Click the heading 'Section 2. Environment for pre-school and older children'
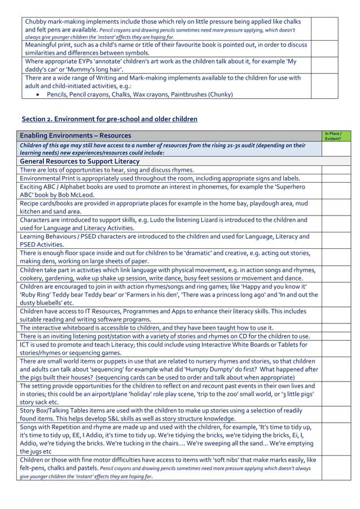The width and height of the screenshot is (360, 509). click(109, 119)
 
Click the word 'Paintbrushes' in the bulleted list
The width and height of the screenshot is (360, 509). click(187, 95)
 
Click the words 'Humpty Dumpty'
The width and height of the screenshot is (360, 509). click(200, 369)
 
